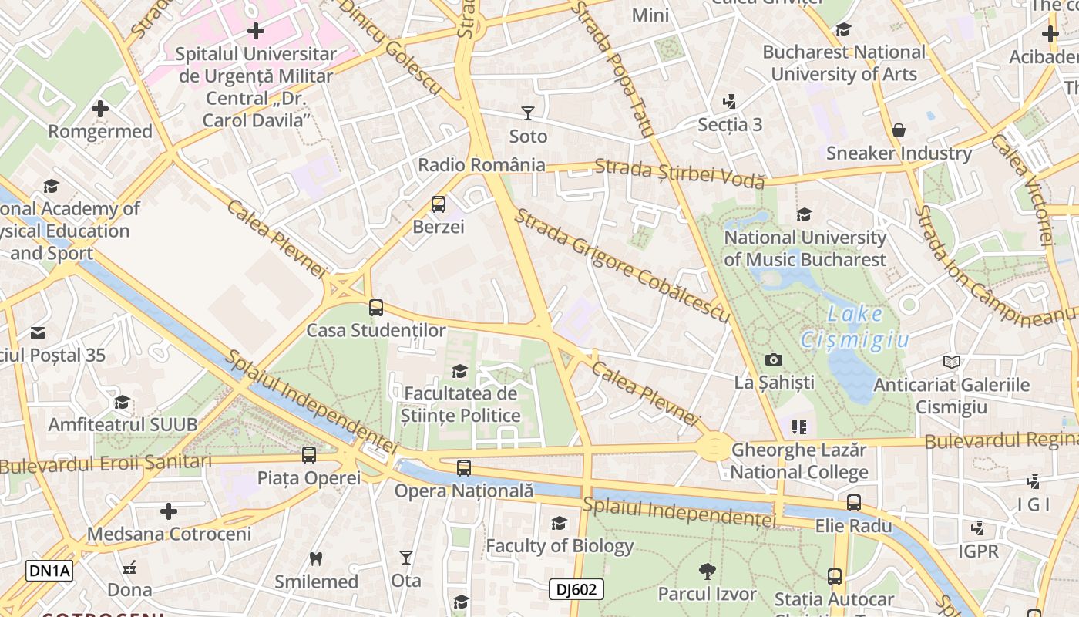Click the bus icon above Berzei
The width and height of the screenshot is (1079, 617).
pos(438,204)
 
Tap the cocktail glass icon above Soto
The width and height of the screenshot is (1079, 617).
pos(528,114)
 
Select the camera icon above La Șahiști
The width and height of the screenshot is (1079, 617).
pos(773,359)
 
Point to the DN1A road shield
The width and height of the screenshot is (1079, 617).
pos(49,571)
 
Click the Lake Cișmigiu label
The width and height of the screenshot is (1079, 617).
pos(855,327)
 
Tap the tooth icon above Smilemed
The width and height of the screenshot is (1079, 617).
pos(316,558)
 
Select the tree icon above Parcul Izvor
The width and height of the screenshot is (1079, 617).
pos(707,571)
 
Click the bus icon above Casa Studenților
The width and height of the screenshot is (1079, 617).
pos(376,308)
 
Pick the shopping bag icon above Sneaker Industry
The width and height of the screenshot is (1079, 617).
pos(898,130)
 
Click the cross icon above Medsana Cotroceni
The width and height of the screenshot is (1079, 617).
pos(169,511)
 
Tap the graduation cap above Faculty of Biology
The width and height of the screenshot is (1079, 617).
pos(559,524)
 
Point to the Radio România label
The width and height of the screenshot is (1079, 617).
pos(481,165)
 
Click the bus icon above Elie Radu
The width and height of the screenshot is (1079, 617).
pos(854,503)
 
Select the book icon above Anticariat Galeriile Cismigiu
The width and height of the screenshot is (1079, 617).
pos(952,362)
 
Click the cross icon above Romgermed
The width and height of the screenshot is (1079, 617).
pos(100,109)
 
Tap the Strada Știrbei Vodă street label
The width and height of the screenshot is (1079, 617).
pos(680,173)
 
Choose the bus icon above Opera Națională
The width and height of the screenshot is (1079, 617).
pos(463,467)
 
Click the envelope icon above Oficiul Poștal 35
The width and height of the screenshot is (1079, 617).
pos(37,333)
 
